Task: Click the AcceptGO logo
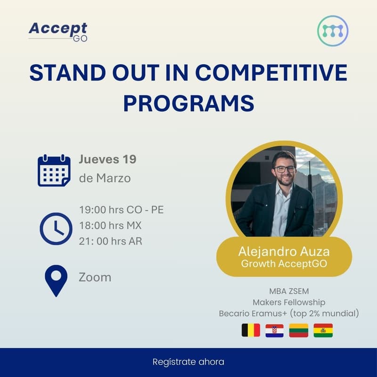[x=58, y=31]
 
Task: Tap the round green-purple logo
[x=333, y=31]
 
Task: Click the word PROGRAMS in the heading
[x=188, y=103]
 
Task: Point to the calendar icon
[x=54, y=171]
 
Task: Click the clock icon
[x=56, y=229]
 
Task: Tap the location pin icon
[x=56, y=280]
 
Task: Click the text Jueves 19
[x=107, y=159]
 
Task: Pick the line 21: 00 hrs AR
[x=110, y=241]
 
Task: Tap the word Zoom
[x=95, y=277]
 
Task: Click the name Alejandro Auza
[x=284, y=251]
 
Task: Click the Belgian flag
[x=251, y=330]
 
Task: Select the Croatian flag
[x=274, y=330]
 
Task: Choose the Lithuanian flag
[x=299, y=330]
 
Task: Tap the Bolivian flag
[x=323, y=330]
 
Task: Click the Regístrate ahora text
[x=188, y=362]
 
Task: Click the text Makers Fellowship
[x=289, y=302]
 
